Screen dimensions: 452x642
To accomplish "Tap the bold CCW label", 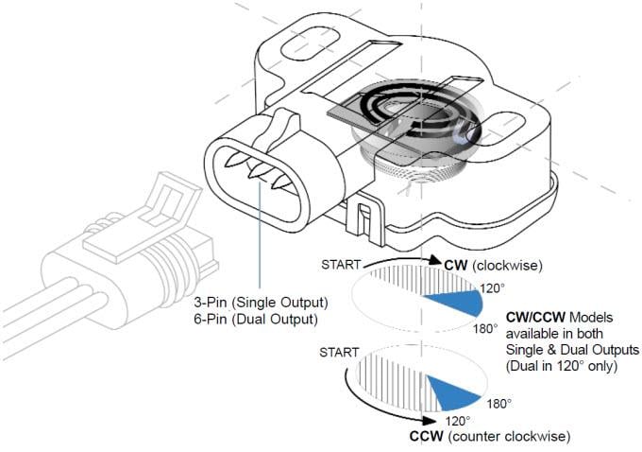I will click(427, 437).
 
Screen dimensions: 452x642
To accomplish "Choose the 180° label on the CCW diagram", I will click(498, 403).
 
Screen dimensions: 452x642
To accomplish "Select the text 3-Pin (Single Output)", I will click(261, 303).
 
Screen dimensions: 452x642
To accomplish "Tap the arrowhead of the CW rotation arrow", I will click(435, 261).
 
